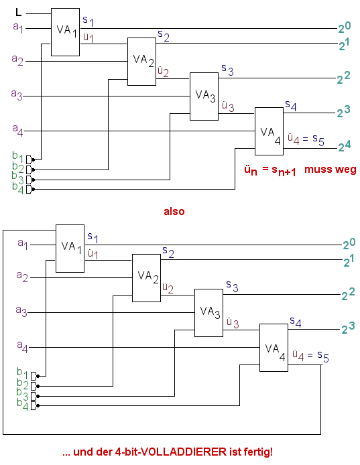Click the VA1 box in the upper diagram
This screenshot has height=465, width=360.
(x=65, y=32)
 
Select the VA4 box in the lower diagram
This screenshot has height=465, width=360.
(x=274, y=348)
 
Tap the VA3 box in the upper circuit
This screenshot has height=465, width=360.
(x=204, y=96)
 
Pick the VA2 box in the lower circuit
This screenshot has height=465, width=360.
(x=146, y=278)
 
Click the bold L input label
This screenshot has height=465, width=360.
(x=18, y=13)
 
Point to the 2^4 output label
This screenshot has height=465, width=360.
(x=345, y=146)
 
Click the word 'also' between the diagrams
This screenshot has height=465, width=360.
(x=174, y=212)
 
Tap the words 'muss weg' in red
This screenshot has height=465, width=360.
(x=331, y=170)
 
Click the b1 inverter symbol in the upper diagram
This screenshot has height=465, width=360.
(x=29, y=160)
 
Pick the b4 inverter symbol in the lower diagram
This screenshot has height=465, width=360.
(x=34, y=405)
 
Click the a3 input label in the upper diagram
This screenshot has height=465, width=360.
(x=17, y=95)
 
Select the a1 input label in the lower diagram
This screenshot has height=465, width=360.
(x=23, y=244)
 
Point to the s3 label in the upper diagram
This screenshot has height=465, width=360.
(x=228, y=70)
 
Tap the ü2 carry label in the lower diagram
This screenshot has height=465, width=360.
(x=168, y=287)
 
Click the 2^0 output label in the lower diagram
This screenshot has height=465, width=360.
(x=349, y=244)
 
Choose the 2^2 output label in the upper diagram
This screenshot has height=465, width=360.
(x=343, y=78)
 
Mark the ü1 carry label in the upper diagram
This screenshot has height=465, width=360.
(x=88, y=38)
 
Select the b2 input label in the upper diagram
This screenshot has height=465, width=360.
(x=18, y=168)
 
